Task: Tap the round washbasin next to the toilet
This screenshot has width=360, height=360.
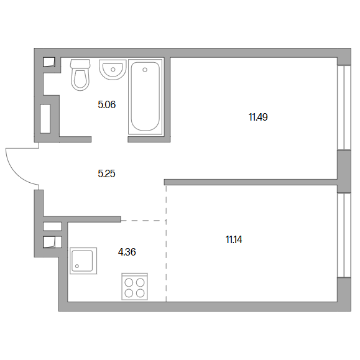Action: click(x=113, y=70)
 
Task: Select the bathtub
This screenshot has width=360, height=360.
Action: click(x=145, y=96)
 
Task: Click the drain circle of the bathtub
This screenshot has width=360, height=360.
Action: click(x=145, y=70)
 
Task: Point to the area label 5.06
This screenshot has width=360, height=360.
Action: click(x=107, y=104)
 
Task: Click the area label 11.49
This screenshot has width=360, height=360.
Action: click(x=258, y=117)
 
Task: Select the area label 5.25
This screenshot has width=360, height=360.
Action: click(x=106, y=173)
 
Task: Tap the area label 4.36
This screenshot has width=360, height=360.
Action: click(x=127, y=252)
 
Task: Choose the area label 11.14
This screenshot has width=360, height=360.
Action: click(x=234, y=240)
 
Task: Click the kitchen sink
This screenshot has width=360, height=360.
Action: click(x=83, y=261)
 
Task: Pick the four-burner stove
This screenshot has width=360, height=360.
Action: click(x=134, y=287)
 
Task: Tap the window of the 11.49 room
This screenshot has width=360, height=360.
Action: click(x=344, y=108)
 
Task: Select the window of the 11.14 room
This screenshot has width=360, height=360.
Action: click(x=344, y=235)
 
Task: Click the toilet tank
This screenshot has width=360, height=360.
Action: click(x=80, y=63)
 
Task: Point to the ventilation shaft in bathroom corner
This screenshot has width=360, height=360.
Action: click(x=49, y=62)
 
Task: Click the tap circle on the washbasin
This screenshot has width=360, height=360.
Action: click(x=113, y=69)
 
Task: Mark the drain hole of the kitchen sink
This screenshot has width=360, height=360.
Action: click(x=77, y=266)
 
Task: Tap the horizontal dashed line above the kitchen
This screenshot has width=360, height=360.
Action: click(x=144, y=220)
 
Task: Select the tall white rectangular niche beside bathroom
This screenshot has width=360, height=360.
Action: click(x=45, y=119)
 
